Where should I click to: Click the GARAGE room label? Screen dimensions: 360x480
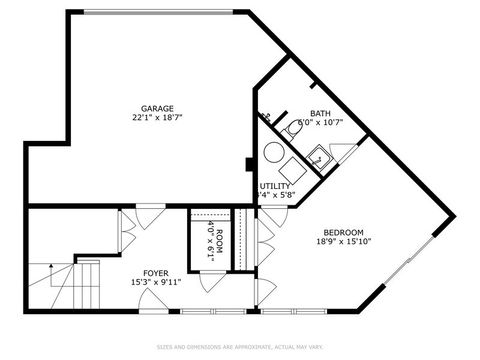point(157,108)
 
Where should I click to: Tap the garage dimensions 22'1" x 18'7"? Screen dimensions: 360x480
point(157,118)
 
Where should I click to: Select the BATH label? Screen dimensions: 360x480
point(321,113)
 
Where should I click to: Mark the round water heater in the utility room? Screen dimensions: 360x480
point(274,153)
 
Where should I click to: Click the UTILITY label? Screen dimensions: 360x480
point(275,186)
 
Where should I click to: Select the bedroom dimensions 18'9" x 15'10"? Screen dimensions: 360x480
point(343,241)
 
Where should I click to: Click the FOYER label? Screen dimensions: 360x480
point(155,272)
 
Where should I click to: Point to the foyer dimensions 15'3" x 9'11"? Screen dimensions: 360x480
point(155,282)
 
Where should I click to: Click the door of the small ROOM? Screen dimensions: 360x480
point(211,278)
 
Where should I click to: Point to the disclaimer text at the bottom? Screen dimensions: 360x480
point(240,347)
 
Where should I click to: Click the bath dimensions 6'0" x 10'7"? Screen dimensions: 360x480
point(321,123)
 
